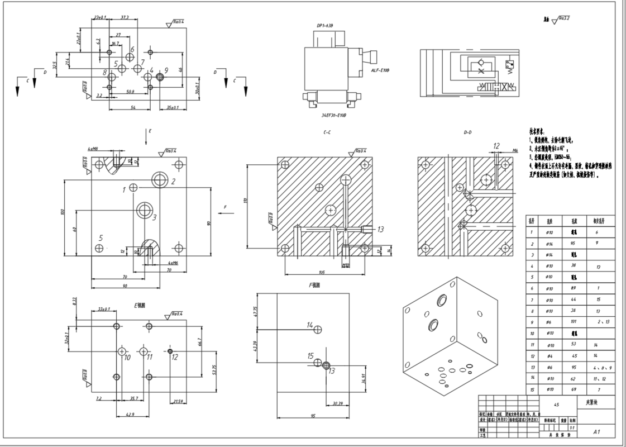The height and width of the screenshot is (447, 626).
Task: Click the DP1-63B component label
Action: (324, 26)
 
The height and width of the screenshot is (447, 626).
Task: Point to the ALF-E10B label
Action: (380, 70)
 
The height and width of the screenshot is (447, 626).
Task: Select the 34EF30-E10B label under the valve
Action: (334, 115)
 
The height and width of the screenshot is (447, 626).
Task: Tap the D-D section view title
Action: (468, 133)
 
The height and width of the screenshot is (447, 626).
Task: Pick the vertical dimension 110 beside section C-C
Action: (245, 199)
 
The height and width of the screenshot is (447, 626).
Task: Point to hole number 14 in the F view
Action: (310, 325)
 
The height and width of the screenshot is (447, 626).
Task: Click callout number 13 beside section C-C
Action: (381, 229)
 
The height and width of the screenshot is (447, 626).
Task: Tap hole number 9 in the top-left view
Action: (166, 70)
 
